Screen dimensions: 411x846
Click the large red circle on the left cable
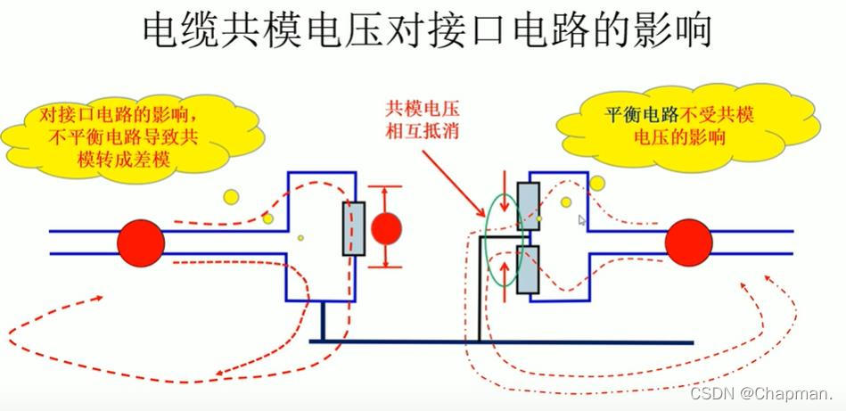(x=141, y=242)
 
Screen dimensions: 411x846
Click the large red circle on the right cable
(x=688, y=242)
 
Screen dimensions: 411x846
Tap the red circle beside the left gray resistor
(x=386, y=228)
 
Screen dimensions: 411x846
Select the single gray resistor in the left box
(x=354, y=230)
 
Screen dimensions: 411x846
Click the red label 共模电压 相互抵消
(x=422, y=121)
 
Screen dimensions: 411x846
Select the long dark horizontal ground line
(x=499, y=342)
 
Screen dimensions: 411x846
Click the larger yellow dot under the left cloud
(x=231, y=196)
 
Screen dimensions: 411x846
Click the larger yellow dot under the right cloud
(x=597, y=183)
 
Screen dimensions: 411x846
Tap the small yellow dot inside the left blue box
(x=300, y=237)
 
